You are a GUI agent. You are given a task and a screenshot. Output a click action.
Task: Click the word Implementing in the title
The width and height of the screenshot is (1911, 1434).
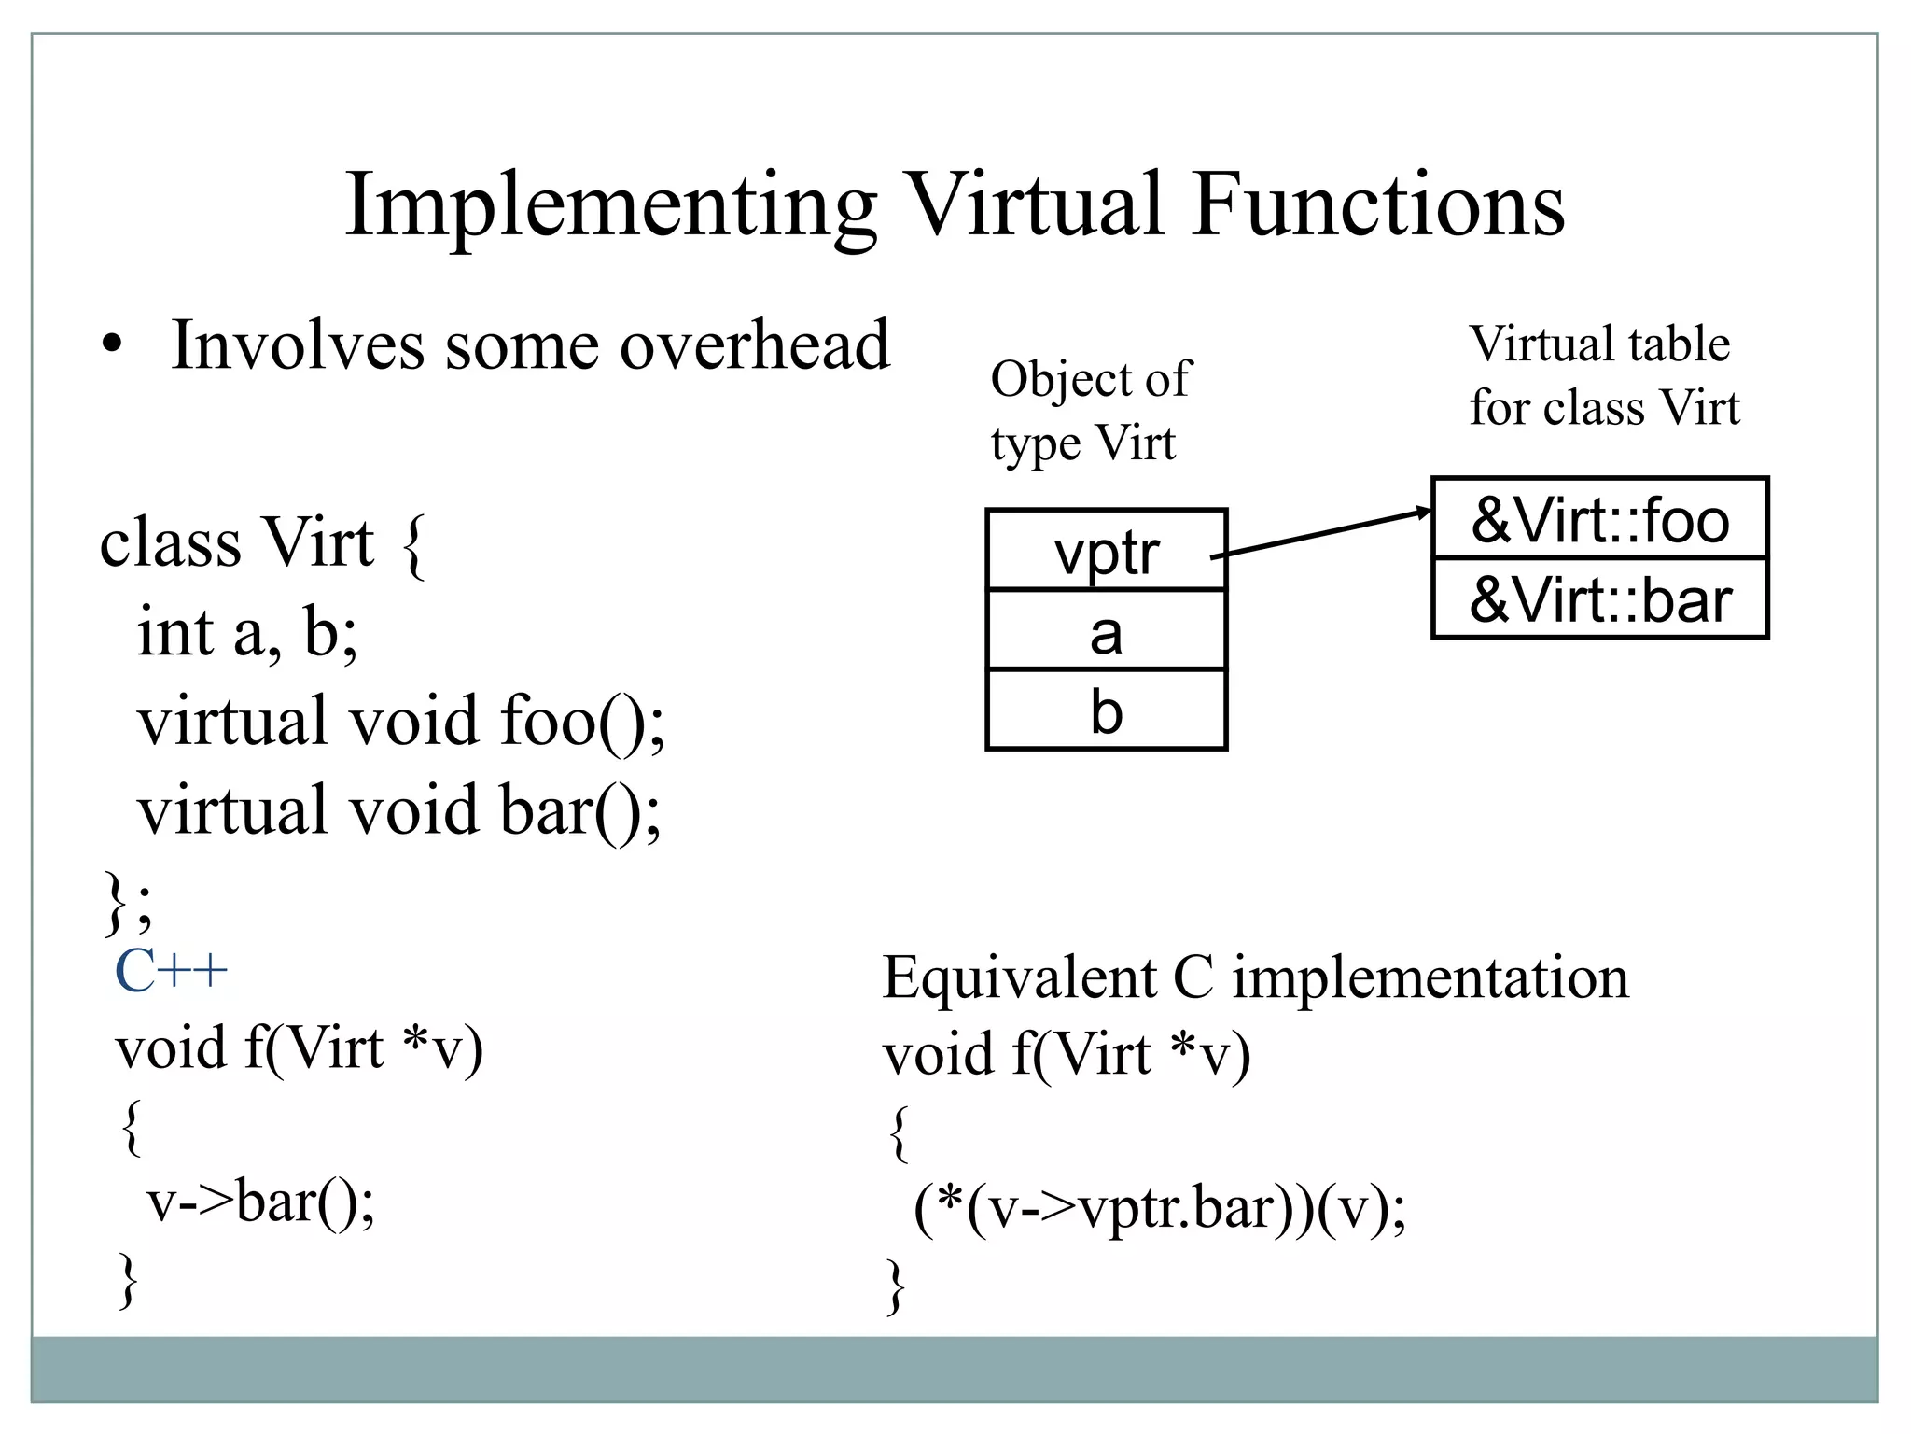click(x=610, y=206)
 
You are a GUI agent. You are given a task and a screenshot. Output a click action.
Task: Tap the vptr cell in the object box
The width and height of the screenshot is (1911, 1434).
click(x=1106, y=552)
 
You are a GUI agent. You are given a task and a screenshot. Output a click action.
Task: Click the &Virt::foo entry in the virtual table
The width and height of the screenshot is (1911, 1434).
click(x=1599, y=519)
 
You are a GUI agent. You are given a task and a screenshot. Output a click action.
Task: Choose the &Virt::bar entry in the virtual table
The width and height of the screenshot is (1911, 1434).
click(x=1599, y=599)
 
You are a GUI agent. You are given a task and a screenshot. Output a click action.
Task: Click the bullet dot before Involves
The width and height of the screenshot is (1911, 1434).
click(x=113, y=345)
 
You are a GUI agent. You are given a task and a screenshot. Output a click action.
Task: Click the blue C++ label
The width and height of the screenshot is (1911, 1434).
click(x=171, y=971)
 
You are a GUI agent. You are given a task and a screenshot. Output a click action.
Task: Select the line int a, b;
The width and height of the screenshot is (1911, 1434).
click(x=247, y=632)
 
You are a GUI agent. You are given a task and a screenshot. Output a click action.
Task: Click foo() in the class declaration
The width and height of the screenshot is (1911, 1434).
click(x=582, y=722)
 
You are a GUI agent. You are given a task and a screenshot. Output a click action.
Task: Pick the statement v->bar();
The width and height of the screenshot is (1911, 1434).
click(x=261, y=1201)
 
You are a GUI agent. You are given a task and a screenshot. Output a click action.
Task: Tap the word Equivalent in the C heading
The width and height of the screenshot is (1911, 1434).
click(x=1020, y=978)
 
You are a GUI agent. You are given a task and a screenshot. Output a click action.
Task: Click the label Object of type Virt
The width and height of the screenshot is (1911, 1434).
click(x=1089, y=411)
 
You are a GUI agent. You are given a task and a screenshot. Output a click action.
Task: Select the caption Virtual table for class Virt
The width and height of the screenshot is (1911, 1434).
click(x=1603, y=375)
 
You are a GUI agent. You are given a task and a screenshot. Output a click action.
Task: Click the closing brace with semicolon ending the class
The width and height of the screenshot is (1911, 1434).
click(x=127, y=902)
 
